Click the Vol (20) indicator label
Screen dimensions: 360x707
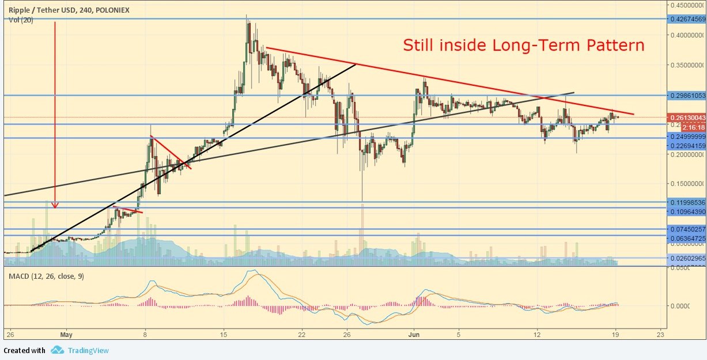click(21, 20)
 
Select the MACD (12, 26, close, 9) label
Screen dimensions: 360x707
click(46, 276)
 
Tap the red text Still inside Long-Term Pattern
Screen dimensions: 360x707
click(523, 45)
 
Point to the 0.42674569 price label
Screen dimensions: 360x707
click(687, 19)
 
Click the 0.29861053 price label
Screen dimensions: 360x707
click(687, 95)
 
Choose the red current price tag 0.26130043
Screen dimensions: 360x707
click(687, 118)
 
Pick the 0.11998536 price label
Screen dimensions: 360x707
click(687, 203)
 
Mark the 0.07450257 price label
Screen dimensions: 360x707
click(687, 229)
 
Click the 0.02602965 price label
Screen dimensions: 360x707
click(687, 259)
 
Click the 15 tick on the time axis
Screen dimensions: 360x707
click(224, 334)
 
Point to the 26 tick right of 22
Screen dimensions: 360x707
click(347, 334)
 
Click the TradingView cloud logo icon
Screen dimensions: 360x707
click(57, 350)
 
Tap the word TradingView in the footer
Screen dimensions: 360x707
click(88, 350)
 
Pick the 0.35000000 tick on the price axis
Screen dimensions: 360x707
click(686, 65)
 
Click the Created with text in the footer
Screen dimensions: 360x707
click(25, 350)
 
